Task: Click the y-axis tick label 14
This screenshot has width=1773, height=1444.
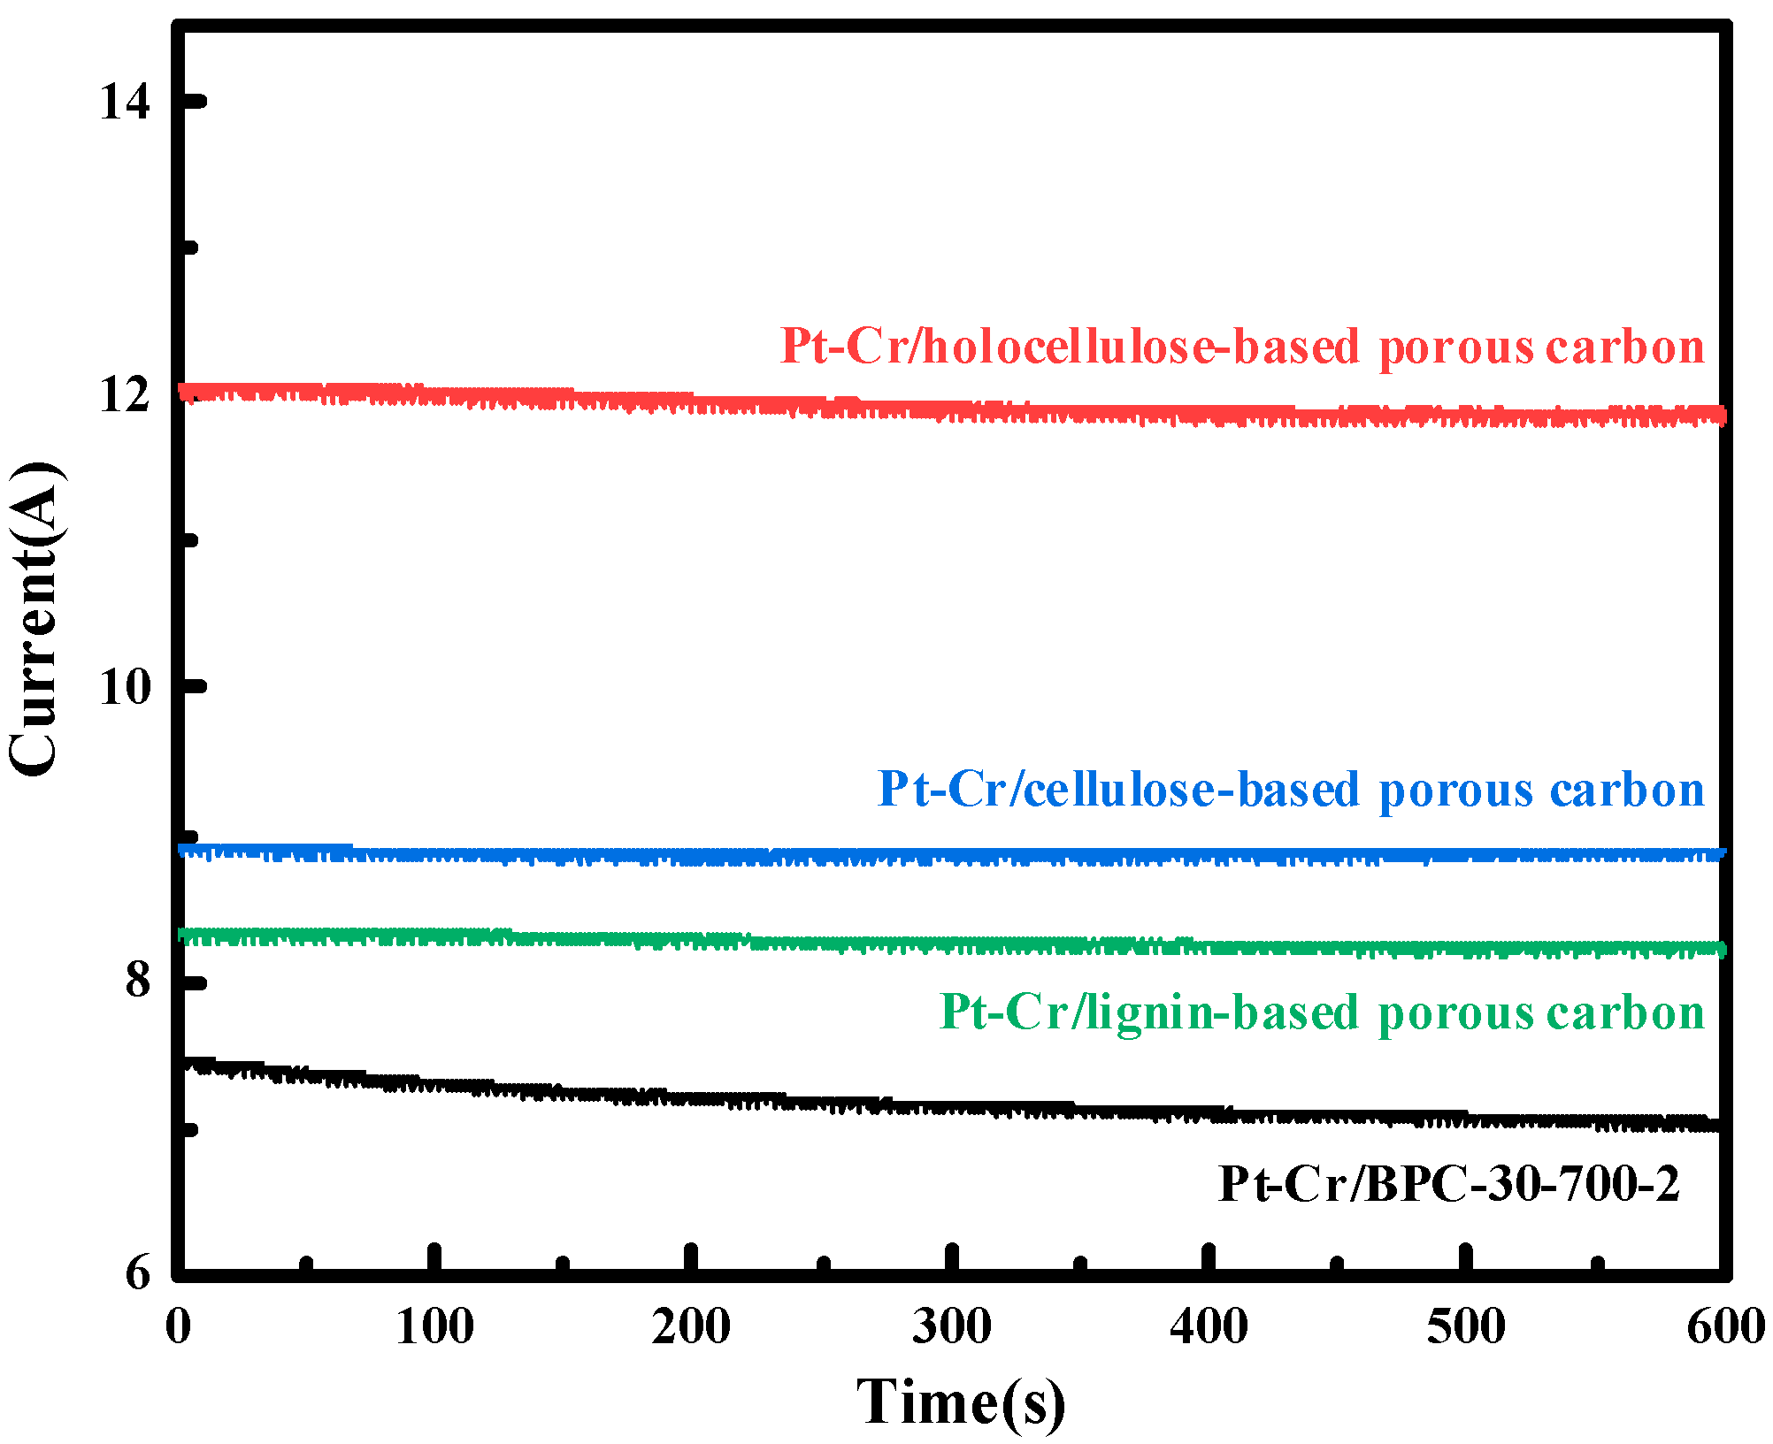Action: pos(125,102)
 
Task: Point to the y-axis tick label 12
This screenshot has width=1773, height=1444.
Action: pos(125,394)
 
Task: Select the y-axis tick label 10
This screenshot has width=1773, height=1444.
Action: pos(125,687)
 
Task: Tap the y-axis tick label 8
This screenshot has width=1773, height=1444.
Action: pos(138,980)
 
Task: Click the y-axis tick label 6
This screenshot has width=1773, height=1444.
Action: pos(138,1273)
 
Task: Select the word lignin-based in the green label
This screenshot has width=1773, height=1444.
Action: pos(1223,1012)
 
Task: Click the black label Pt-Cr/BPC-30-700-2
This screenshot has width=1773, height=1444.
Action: pos(1448,1183)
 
